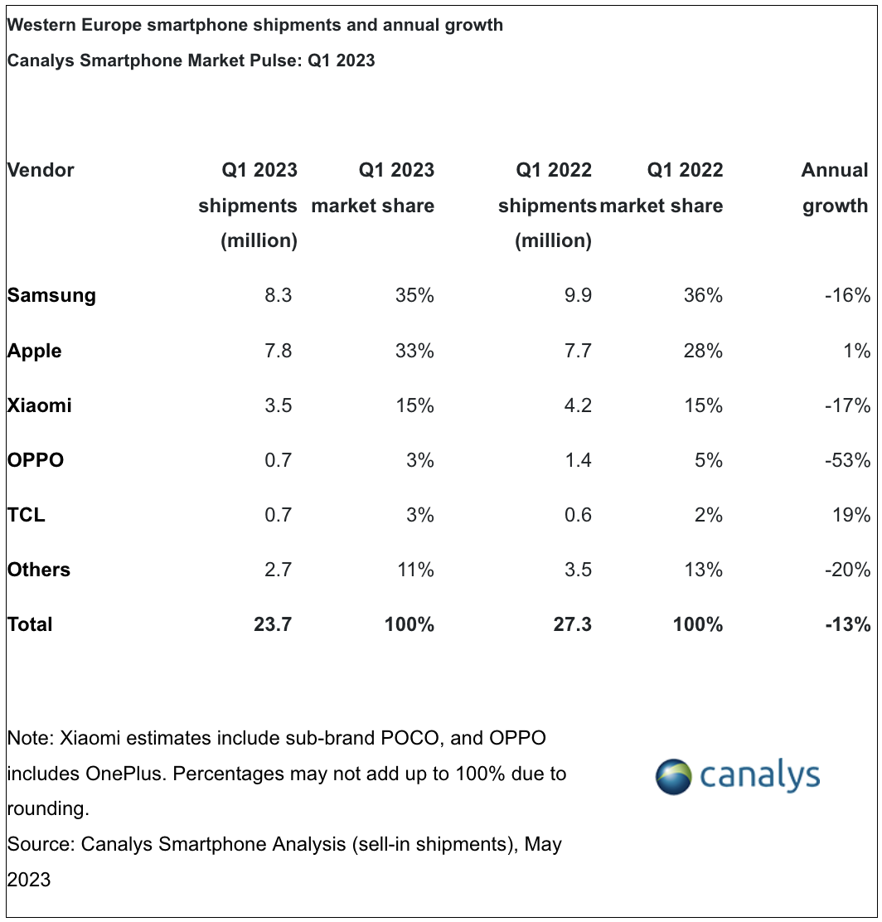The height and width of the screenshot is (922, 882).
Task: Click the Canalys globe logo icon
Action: coord(673,776)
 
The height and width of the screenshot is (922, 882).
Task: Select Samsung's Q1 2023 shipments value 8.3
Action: coord(277,295)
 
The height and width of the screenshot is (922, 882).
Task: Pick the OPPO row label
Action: coord(36,459)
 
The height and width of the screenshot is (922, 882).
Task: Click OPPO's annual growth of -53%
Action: coord(847,459)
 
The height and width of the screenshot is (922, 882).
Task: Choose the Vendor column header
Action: coord(41,170)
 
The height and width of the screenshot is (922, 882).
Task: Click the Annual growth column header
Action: coord(835,188)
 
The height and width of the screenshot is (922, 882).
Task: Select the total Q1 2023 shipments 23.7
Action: coord(273,624)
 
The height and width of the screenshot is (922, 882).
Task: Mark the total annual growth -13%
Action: coord(847,624)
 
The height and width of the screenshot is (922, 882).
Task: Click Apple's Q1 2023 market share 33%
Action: coord(414,351)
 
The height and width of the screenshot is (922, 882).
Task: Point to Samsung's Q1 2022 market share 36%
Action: coord(703,295)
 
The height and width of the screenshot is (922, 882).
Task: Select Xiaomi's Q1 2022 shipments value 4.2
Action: coord(576,405)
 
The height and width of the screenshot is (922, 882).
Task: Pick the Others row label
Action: coord(39,570)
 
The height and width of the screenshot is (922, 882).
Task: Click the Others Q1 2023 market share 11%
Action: coord(414,570)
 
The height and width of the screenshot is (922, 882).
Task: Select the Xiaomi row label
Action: coord(39,405)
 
